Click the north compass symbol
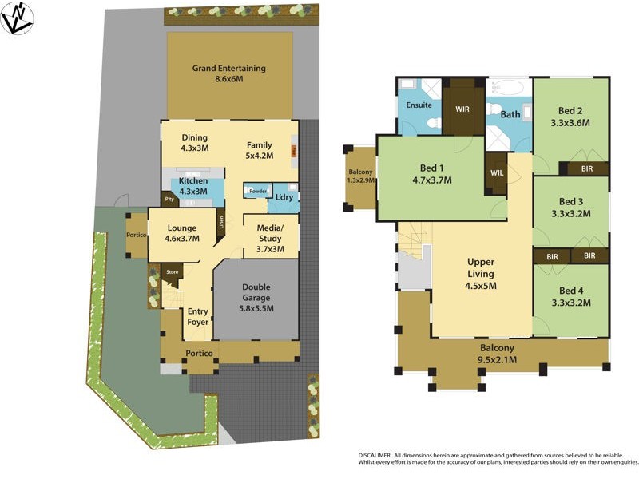pyautogui.click(x=18, y=18)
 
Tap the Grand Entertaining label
pyautogui.click(x=229, y=69)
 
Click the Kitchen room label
pyautogui.click(x=193, y=181)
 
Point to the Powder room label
pyautogui.click(x=257, y=192)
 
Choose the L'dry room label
pyautogui.click(x=284, y=197)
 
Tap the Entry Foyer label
pyautogui.click(x=198, y=317)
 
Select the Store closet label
pyautogui.click(x=172, y=272)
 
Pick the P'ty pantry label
pyautogui.click(x=169, y=199)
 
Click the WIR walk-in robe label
pyautogui.click(x=462, y=108)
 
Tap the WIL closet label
pyautogui.click(x=495, y=172)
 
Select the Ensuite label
pyautogui.click(x=419, y=105)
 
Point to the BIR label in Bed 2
pyautogui.click(x=587, y=169)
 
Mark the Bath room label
pyautogui.click(x=510, y=115)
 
